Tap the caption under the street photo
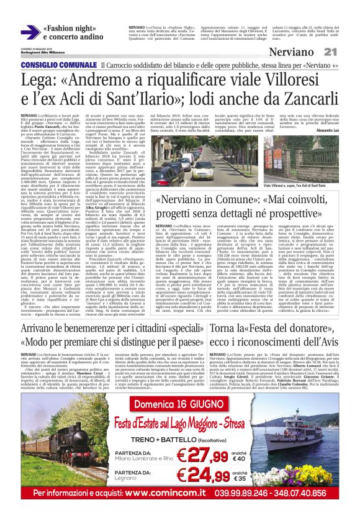pos(292,186)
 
